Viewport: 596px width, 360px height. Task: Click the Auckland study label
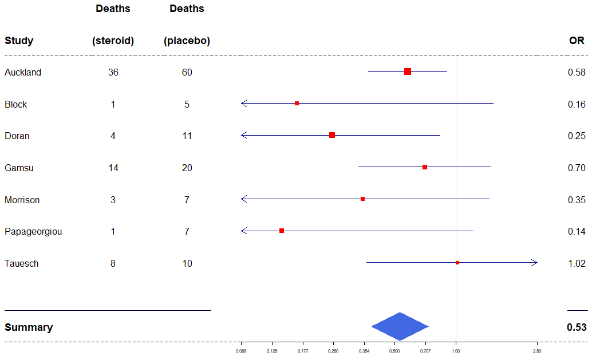23,73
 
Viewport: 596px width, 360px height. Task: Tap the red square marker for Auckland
408,72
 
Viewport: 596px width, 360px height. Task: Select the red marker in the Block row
297,104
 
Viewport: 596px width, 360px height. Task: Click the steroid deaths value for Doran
113,136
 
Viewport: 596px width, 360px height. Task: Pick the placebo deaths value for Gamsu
187,168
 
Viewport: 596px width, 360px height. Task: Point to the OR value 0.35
577,200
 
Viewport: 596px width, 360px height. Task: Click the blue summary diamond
400,326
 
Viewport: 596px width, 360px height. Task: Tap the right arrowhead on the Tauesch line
535,263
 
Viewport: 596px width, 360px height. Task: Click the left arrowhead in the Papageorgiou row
244,231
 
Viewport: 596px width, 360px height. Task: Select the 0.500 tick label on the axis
394,351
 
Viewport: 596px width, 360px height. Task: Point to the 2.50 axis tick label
537,351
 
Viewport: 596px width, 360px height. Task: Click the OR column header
577,41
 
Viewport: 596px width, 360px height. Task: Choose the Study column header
19,41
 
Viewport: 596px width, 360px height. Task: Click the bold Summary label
29,327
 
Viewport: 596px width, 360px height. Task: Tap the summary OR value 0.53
577,327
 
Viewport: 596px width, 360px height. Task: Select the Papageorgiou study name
33,232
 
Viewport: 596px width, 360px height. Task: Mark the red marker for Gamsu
425,167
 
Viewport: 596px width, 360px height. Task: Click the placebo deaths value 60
187,73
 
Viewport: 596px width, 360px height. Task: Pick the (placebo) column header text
187,41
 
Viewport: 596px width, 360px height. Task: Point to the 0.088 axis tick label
241,351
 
